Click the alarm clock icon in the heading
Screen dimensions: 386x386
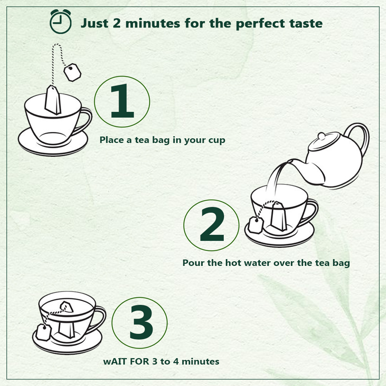click(60, 22)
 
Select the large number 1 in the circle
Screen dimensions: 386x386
click(122, 102)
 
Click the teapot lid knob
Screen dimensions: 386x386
click(322, 136)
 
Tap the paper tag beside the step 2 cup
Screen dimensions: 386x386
click(254, 225)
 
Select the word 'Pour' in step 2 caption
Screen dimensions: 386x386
click(192, 263)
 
